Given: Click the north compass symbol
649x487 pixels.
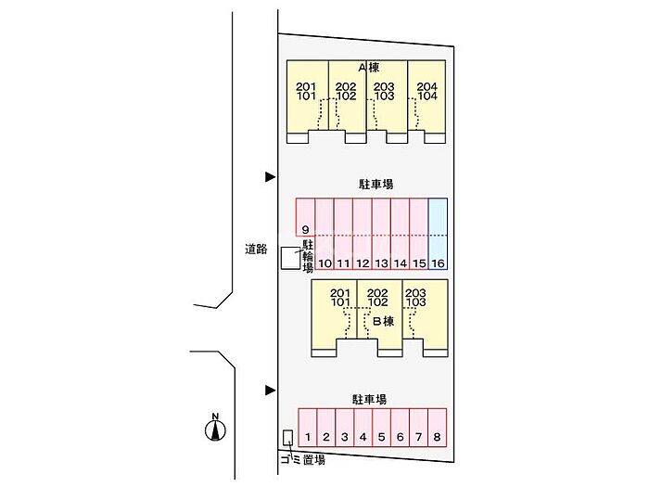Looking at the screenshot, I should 216,428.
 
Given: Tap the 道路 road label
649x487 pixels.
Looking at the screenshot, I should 256,249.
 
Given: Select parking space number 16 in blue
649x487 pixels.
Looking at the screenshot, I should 438,234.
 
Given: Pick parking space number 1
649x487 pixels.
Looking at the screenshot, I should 307,428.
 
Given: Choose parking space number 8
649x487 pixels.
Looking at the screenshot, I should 437,428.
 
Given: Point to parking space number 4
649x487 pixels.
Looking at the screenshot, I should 363,428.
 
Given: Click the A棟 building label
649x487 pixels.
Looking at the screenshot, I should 368,68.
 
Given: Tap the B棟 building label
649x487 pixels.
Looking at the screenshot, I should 383,321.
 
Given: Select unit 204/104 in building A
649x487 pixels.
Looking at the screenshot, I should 426,102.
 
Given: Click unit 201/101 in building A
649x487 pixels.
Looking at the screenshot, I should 306,102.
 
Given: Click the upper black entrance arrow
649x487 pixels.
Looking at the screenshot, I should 271,176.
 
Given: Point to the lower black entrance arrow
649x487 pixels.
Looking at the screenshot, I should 271,390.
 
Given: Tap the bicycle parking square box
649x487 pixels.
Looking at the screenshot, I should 290,259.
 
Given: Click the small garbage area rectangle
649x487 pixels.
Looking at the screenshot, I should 287,436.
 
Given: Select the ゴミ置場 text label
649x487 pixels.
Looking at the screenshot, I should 302,460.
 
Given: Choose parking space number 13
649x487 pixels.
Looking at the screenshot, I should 381,263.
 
